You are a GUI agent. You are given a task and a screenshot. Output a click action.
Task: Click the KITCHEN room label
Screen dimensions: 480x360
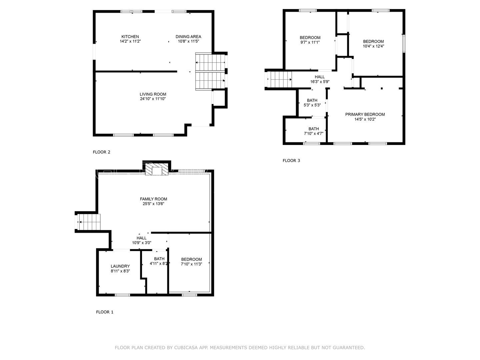point(130,37)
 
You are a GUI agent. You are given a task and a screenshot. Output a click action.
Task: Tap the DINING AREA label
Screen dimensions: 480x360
point(188,37)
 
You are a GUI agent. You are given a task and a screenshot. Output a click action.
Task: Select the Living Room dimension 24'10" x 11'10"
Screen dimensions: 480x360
point(153,99)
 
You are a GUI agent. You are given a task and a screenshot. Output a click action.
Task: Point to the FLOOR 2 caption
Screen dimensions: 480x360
point(101,152)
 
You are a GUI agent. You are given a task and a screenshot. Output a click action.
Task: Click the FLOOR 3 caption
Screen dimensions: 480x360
point(291,161)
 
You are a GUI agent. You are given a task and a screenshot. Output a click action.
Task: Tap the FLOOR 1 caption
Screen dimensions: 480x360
point(105,312)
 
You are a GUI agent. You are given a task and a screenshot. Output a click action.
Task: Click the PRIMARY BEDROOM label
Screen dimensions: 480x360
point(365,114)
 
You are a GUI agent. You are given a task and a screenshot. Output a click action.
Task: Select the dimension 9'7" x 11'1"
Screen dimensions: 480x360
point(310,42)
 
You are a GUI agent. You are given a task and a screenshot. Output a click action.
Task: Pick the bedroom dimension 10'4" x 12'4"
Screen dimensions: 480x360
point(374,46)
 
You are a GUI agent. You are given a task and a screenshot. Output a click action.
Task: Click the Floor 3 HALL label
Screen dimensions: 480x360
point(320,77)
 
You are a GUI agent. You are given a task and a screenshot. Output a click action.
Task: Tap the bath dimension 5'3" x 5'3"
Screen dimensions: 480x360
point(312,105)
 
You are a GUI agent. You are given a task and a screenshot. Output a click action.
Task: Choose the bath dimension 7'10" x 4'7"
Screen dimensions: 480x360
point(314,134)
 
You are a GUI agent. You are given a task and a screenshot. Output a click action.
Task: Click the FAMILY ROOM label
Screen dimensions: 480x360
point(154,199)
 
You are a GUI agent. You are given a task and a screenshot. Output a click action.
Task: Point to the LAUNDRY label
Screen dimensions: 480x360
point(120,266)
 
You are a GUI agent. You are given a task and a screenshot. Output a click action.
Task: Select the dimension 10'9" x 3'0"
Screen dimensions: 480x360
point(142,243)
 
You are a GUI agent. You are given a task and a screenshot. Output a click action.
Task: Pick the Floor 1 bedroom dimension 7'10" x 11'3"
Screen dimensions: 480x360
point(191,264)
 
